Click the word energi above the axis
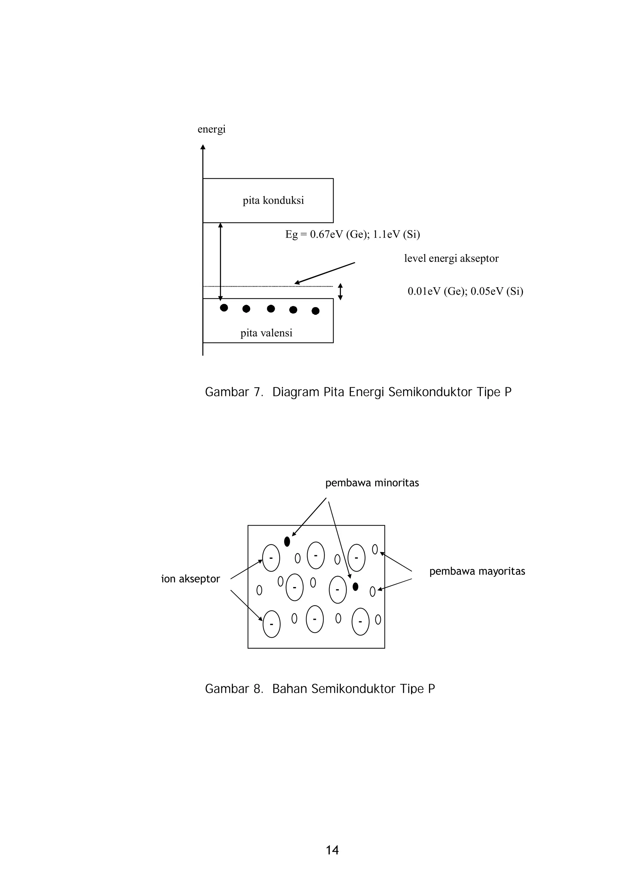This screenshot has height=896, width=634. [x=211, y=129]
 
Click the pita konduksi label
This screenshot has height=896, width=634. [x=273, y=201]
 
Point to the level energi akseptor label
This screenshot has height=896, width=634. [x=451, y=258]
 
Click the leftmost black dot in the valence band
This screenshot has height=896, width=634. [x=224, y=307]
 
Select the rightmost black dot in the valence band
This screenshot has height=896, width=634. [x=316, y=311]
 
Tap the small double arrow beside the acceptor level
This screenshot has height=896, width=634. [x=340, y=292]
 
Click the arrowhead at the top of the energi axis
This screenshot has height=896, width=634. [x=203, y=147]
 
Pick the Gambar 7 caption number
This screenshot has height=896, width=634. [x=258, y=392]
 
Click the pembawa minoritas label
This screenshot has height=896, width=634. [x=372, y=483]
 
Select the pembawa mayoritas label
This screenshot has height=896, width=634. [x=477, y=571]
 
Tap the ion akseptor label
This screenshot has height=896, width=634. [x=191, y=579]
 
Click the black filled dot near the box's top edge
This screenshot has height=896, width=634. [x=287, y=541]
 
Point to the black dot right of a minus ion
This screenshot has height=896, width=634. [x=355, y=586]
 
